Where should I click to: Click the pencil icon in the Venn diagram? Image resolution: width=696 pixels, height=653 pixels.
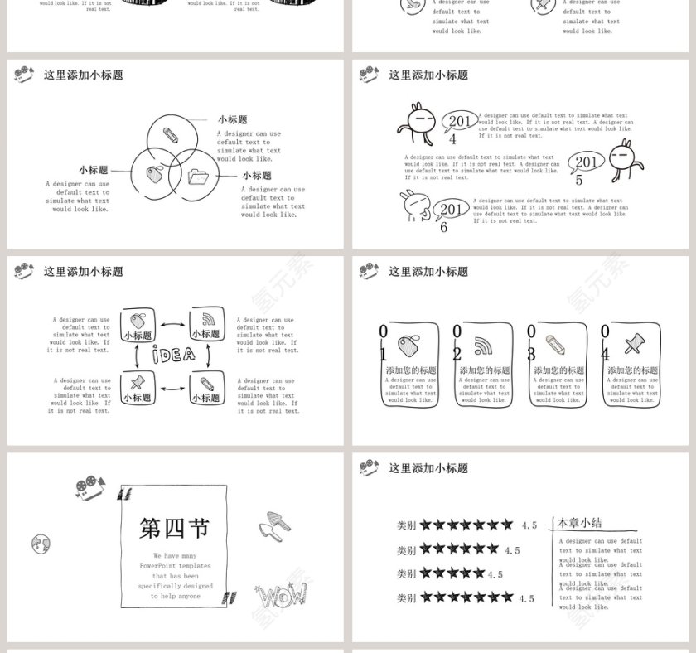click(172, 133)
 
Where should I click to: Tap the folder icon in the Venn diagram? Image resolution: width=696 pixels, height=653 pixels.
click(196, 176)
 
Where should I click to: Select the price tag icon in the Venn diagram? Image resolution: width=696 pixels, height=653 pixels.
click(154, 175)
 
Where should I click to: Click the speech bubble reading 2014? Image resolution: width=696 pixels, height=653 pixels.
click(458, 122)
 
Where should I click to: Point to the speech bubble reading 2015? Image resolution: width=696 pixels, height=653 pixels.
click(586, 162)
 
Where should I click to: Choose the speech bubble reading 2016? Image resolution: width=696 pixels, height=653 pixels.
click(450, 210)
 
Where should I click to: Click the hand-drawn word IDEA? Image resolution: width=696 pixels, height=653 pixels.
click(173, 355)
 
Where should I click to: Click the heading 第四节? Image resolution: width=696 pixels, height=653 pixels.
click(175, 528)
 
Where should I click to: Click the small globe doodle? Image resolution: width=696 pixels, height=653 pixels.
click(41, 544)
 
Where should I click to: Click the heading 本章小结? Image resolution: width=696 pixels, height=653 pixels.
click(579, 523)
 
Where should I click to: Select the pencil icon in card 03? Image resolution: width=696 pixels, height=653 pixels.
click(556, 344)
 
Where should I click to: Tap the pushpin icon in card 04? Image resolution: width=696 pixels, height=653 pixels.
click(634, 343)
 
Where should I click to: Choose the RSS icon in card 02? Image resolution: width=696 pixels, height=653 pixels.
click(483, 345)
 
